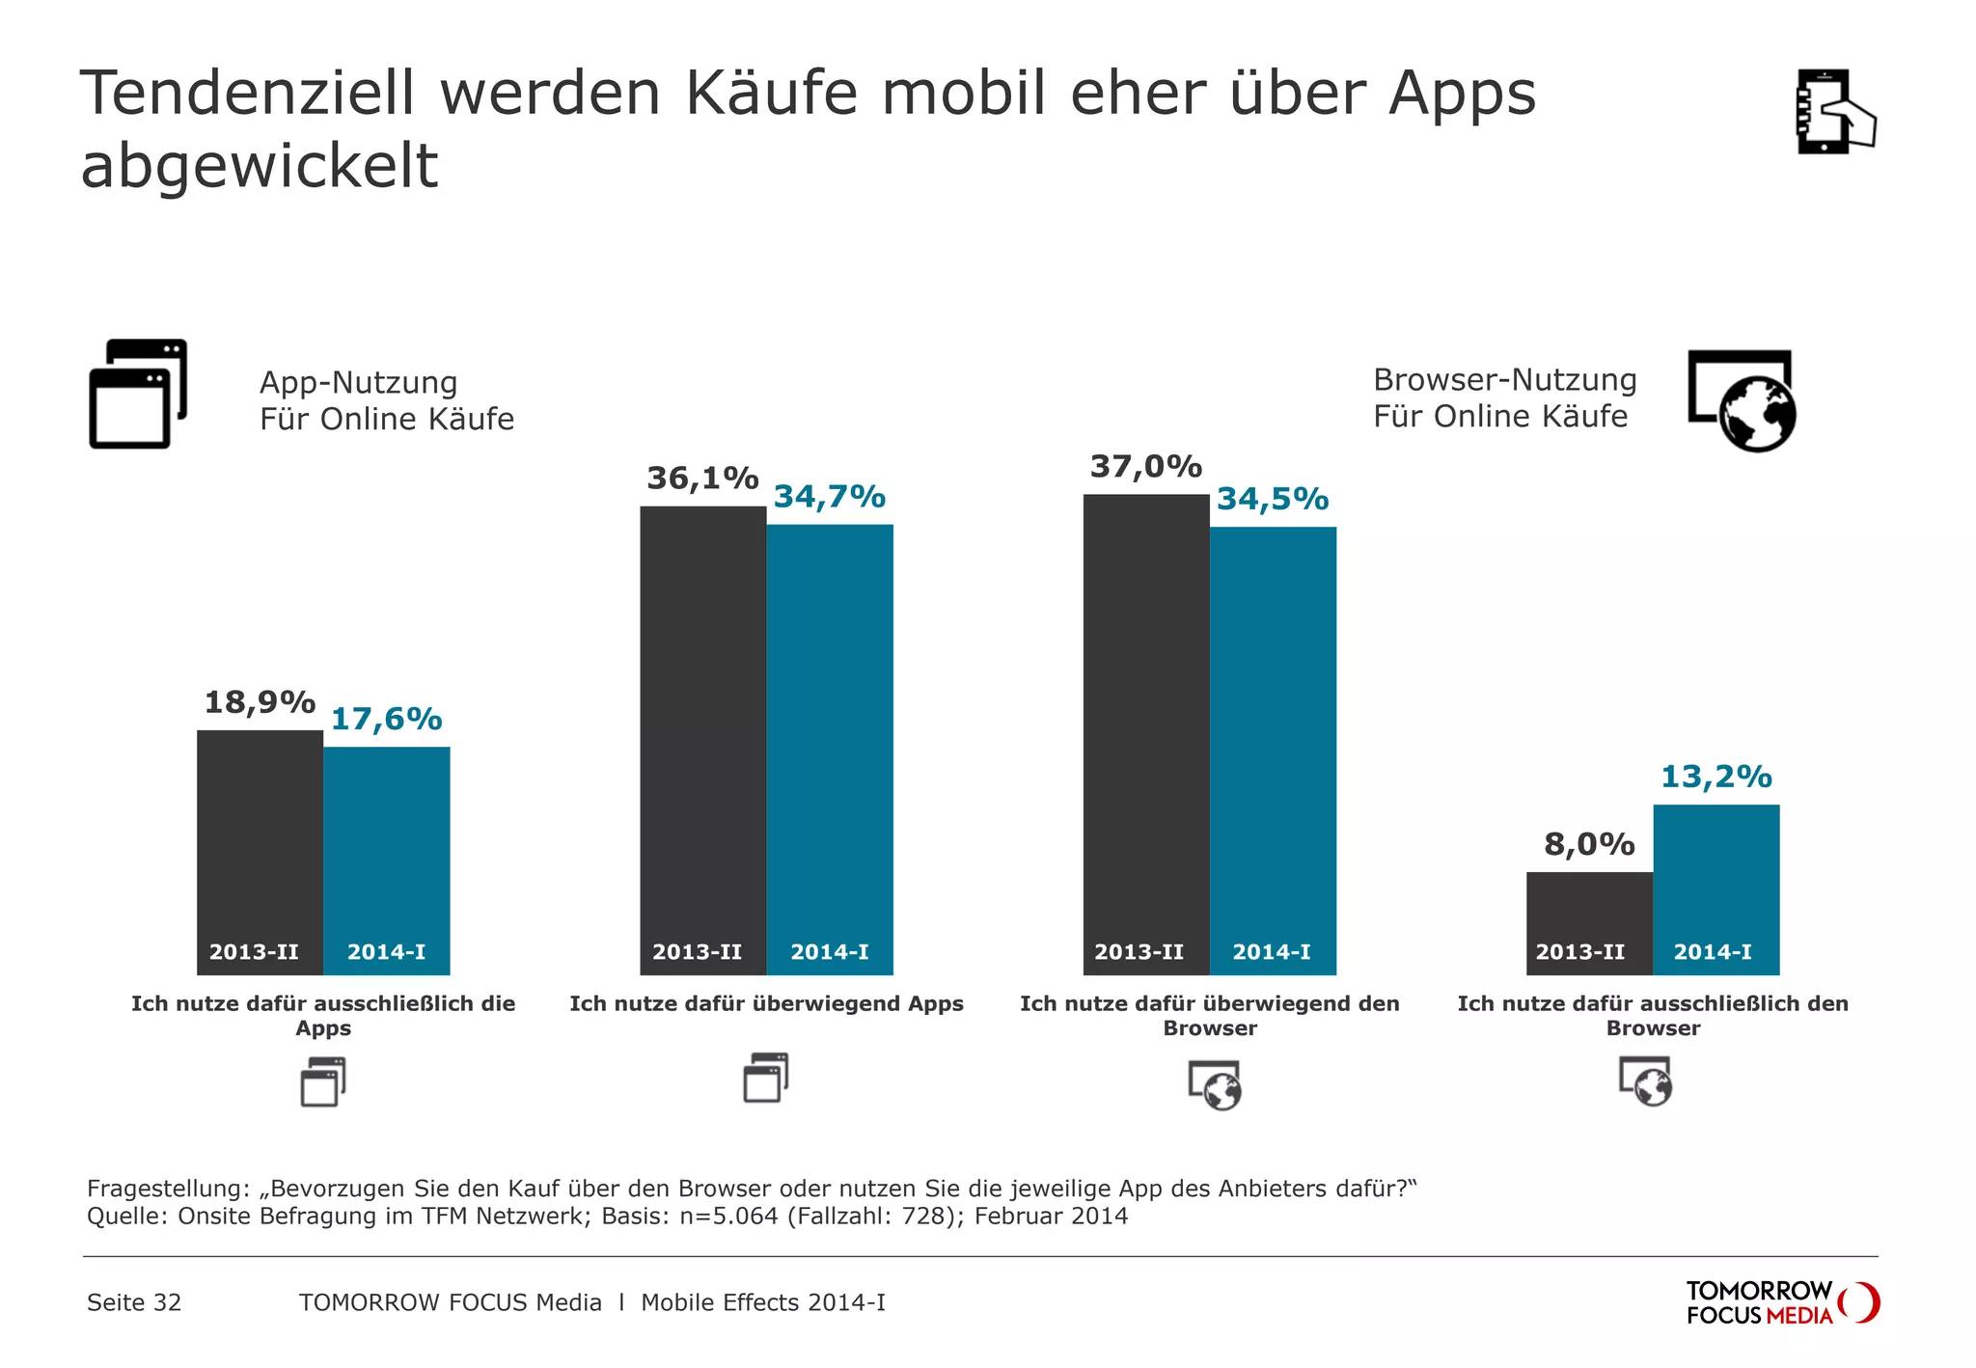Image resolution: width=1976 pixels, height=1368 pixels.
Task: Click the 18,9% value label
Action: (260, 702)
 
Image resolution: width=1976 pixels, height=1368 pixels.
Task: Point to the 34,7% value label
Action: (830, 497)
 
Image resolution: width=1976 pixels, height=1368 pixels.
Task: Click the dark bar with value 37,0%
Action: (1145, 724)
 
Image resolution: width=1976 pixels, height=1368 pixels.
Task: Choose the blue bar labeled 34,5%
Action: (1273, 743)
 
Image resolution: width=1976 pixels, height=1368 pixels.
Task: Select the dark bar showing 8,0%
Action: (1589, 907)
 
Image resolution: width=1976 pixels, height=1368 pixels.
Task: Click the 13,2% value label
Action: (1715, 777)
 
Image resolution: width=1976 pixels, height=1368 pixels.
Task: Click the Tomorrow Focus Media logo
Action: (1781, 1302)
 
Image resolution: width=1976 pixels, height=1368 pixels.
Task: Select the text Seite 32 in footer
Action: (134, 1303)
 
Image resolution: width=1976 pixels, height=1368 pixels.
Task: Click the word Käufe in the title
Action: (771, 94)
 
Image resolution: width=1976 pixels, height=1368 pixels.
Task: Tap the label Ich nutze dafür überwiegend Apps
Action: (766, 1004)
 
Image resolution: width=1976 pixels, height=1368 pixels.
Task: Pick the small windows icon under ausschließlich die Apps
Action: (323, 1082)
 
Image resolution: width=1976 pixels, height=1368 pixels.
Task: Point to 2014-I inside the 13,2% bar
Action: (1713, 952)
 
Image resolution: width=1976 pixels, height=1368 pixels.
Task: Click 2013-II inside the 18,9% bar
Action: (254, 952)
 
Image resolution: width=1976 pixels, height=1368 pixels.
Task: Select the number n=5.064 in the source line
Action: (728, 1216)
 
